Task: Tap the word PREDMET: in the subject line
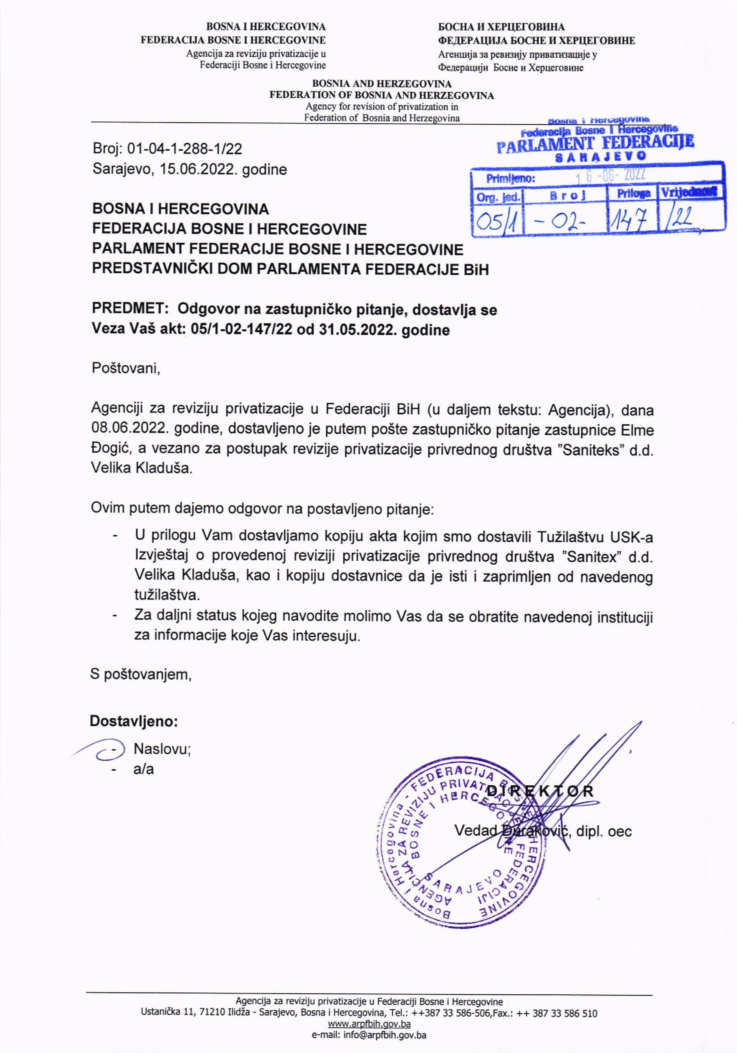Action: click(131, 309)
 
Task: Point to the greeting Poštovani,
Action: click(126, 368)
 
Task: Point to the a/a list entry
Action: click(143, 769)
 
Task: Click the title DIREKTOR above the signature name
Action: click(540, 791)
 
